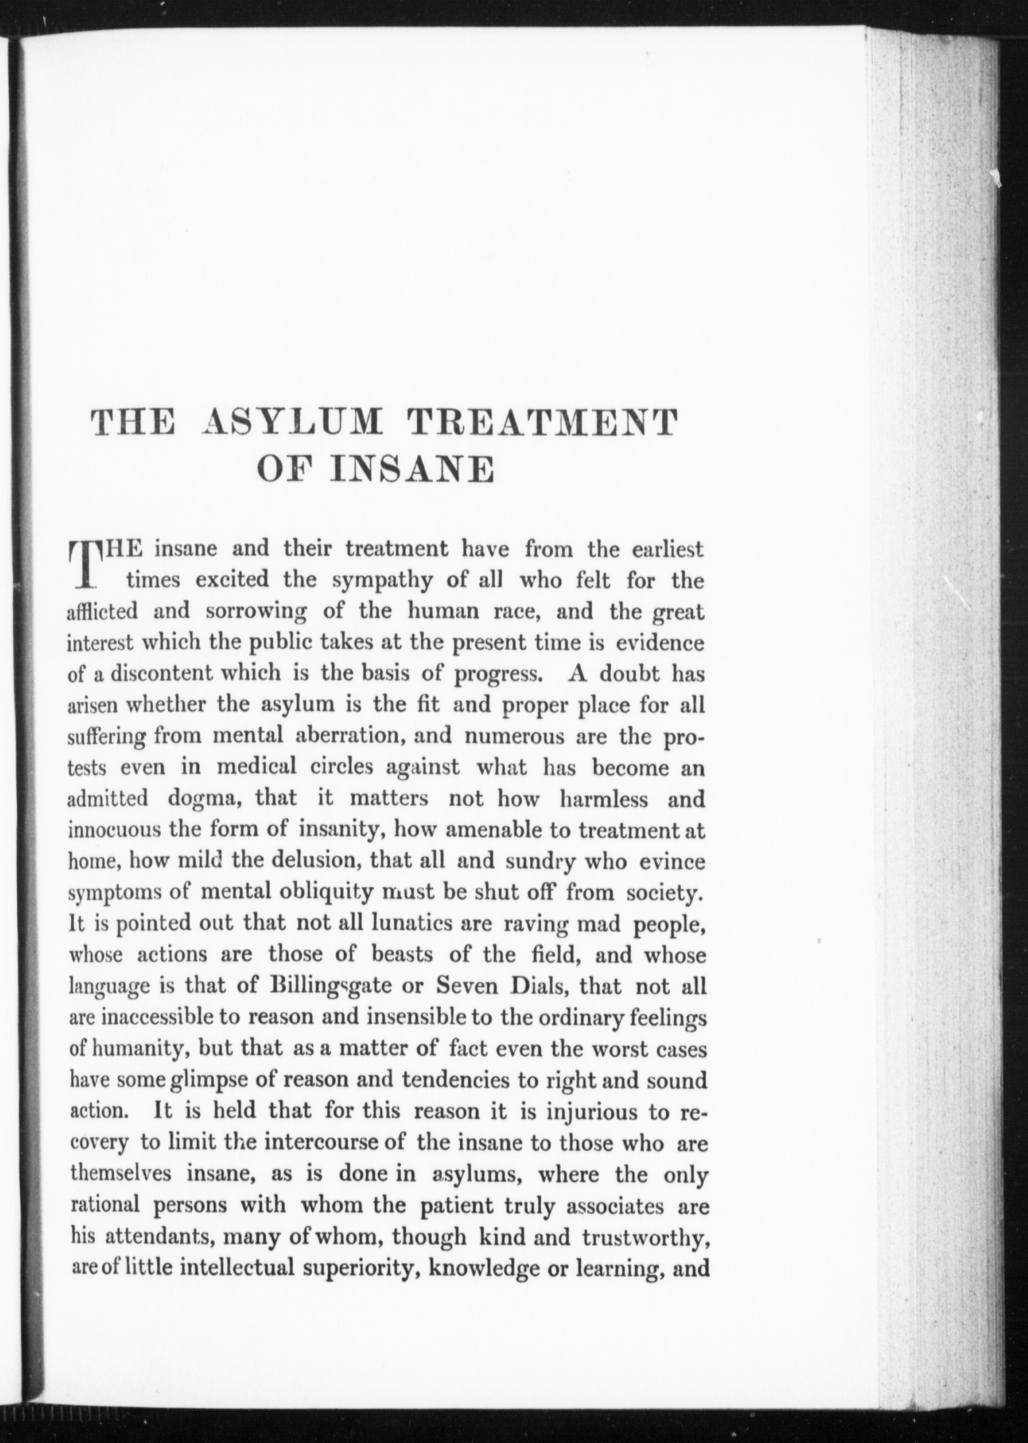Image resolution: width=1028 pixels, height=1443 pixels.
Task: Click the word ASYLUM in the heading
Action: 289,423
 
